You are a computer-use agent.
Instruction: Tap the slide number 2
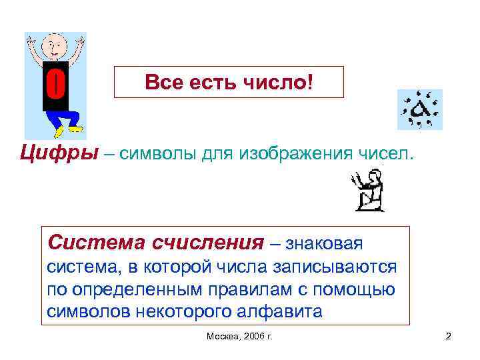(x=448, y=337)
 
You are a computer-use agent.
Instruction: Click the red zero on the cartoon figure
(x=55, y=86)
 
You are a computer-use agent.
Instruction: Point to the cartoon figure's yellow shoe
(x=75, y=127)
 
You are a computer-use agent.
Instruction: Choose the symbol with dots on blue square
(x=419, y=109)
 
